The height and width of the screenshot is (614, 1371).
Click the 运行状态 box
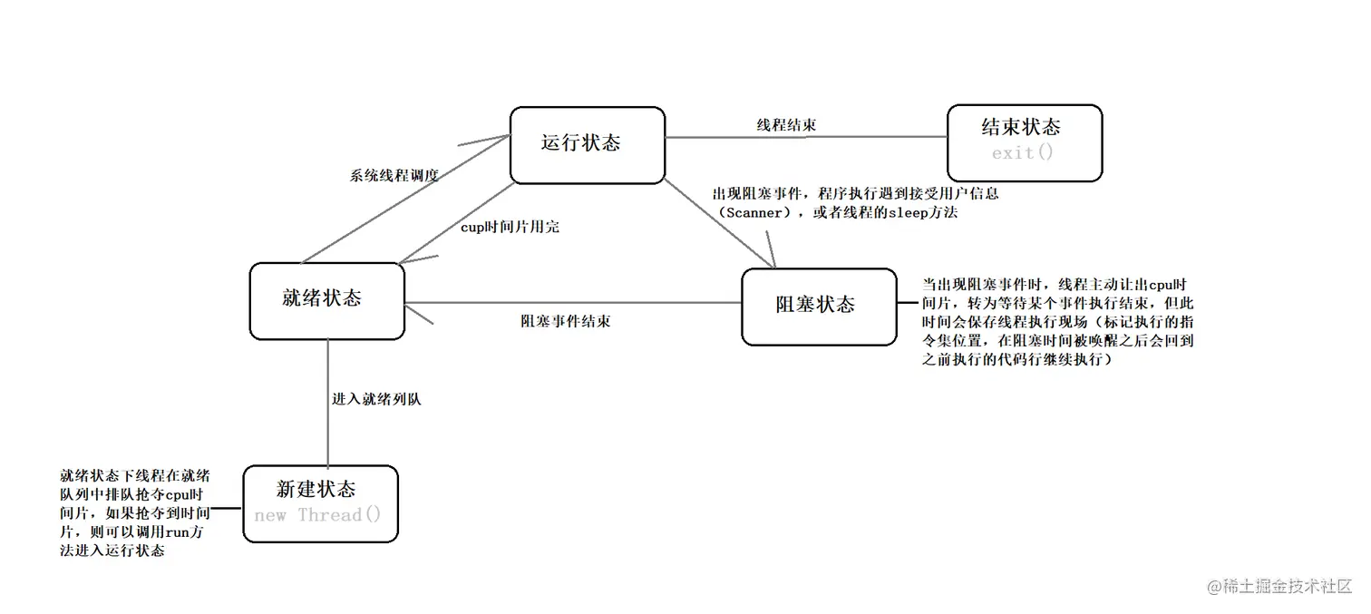click(x=587, y=145)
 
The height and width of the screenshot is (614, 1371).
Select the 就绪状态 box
click(x=326, y=300)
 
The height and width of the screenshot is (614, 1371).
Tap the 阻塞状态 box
click(x=818, y=306)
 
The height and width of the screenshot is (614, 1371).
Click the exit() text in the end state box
click(x=1023, y=153)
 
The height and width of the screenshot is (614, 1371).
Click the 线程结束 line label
click(x=786, y=125)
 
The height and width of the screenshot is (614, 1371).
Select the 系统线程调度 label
click(x=394, y=176)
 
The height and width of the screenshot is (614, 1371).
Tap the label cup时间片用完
click(x=510, y=227)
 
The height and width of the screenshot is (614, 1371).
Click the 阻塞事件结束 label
click(x=565, y=321)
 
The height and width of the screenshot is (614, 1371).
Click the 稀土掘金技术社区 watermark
click(x=1287, y=587)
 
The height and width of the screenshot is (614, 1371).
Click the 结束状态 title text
click(x=1021, y=127)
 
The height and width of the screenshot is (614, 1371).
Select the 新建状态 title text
click(x=316, y=490)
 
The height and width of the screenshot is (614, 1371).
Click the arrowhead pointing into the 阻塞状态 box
click(x=772, y=258)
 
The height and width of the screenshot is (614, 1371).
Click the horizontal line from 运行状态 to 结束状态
click(x=870, y=137)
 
